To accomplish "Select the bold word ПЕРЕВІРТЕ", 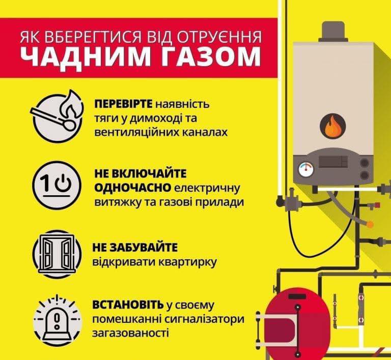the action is click(x=123, y=104).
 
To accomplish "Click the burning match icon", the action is click(x=57, y=117).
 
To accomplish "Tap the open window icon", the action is click(x=57, y=254).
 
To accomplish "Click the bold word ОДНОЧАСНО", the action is click(x=133, y=188).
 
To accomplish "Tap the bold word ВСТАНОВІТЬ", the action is click(x=128, y=305).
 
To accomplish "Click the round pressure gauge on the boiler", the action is click(x=306, y=170).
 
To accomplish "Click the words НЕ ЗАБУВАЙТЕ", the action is click(x=135, y=248).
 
